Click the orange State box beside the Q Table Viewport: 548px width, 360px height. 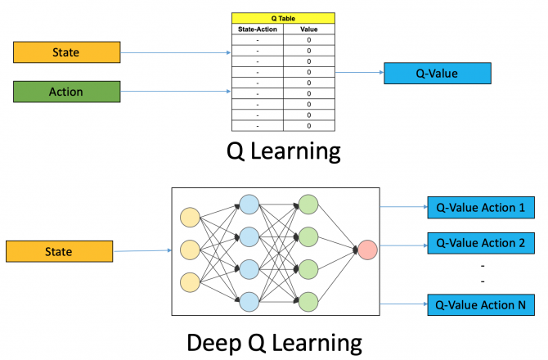66,52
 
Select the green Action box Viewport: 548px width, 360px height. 66,92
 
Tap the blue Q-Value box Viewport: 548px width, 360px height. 437,74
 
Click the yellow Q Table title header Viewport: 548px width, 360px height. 283,17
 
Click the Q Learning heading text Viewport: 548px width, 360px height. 282,151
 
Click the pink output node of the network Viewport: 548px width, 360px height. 366,249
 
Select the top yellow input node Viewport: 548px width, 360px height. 190,217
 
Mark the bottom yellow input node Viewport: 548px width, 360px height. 190,281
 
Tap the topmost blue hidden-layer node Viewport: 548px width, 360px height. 249,205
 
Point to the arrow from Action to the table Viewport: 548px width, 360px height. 176,92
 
